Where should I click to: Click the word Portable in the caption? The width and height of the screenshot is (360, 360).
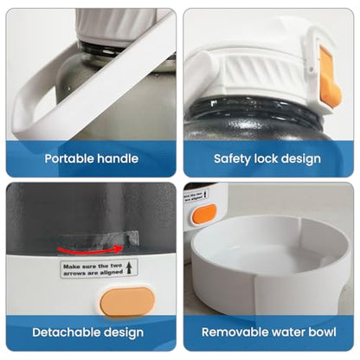click(68, 158)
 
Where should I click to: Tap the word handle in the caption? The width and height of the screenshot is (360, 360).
click(118, 158)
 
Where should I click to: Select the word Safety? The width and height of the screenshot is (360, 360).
click(232, 159)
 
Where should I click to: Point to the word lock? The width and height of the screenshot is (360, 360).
click(266, 158)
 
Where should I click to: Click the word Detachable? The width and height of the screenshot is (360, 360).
click(67, 332)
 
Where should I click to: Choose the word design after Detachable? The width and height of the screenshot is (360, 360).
click(124, 333)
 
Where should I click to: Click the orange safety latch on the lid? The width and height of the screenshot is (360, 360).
click(330, 79)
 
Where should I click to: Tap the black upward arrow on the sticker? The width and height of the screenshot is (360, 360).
click(129, 267)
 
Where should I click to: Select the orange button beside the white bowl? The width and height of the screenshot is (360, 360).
click(204, 214)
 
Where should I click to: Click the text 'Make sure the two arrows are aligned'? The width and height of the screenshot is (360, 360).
click(93, 269)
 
